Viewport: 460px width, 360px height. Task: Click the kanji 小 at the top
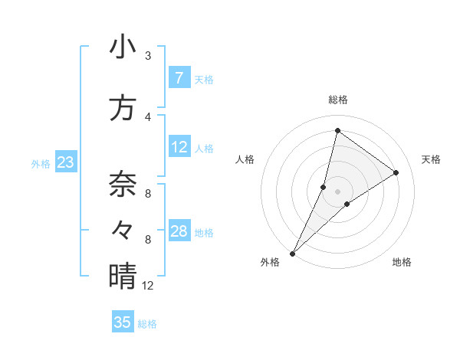pyautogui.click(x=123, y=47)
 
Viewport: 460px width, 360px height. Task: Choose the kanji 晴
pyautogui.click(x=123, y=277)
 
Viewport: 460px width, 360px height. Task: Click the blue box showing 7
pyautogui.click(x=179, y=78)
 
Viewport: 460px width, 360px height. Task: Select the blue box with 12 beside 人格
pyautogui.click(x=179, y=147)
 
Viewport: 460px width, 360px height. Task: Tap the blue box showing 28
pyautogui.click(x=179, y=231)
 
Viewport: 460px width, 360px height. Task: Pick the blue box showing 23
pyautogui.click(x=65, y=162)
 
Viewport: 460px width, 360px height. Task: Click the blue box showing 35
pyautogui.click(x=123, y=322)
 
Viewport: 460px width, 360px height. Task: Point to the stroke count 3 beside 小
pyautogui.click(x=148, y=56)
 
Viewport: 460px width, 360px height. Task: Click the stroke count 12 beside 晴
pyautogui.click(x=148, y=286)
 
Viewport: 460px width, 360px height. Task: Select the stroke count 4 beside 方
pyautogui.click(x=148, y=116)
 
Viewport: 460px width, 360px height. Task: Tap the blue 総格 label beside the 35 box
pyautogui.click(x=147, y=324)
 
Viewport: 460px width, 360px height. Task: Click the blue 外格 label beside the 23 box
pyautogui.click(x=41, y=163)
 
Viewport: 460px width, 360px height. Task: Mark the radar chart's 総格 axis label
pyautogui.click(x=337, y=100)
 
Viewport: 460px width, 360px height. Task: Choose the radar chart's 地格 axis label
pyautogui.click(x=402, y=262)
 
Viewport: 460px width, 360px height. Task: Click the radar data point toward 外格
pyautogui.click(x=292, y=253)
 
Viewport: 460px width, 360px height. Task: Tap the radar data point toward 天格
pyautogui.click(x=396, y=172)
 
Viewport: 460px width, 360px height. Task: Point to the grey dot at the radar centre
pyautogui.click(x=337, y=191)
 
